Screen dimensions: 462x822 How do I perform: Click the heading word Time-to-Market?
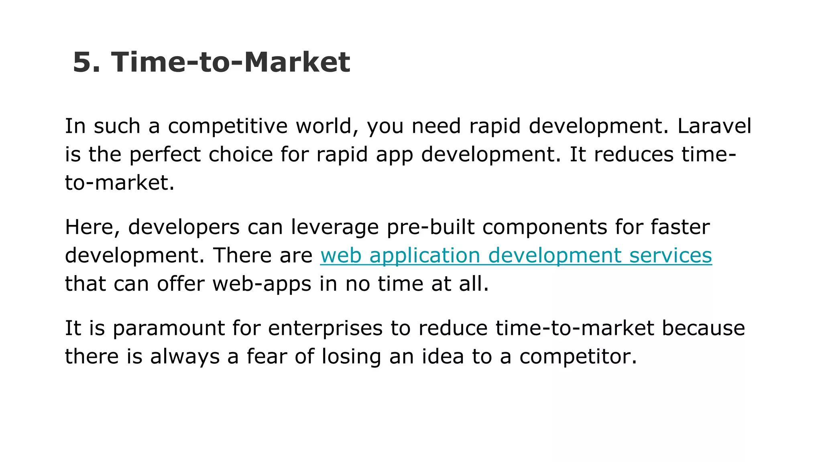click(x=230, y=62)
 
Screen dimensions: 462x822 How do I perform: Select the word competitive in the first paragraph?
click(x=228, y=126)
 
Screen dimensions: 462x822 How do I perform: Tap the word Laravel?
click(x=714, y=126)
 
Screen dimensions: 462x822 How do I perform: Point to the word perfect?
click(x=165, y=155)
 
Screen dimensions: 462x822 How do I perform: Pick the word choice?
click(x=240, y=155)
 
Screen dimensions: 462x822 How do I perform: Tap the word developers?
click(x=184, y=227)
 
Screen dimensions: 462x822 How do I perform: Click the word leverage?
click(x=335, y=227)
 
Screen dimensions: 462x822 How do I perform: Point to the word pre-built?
click(x=430, y=227)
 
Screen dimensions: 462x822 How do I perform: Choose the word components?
click(x=545, y=227)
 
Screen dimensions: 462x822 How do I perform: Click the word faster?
click(x=680, y=227)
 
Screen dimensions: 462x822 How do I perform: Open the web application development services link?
click(x=516, y=256)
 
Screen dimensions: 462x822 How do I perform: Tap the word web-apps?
click(x=262, y=284)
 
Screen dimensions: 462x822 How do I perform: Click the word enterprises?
click(x=325, y=328)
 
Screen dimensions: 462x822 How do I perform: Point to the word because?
click(x=703, y=328)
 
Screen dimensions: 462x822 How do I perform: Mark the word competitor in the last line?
click(x=578, y=357)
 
